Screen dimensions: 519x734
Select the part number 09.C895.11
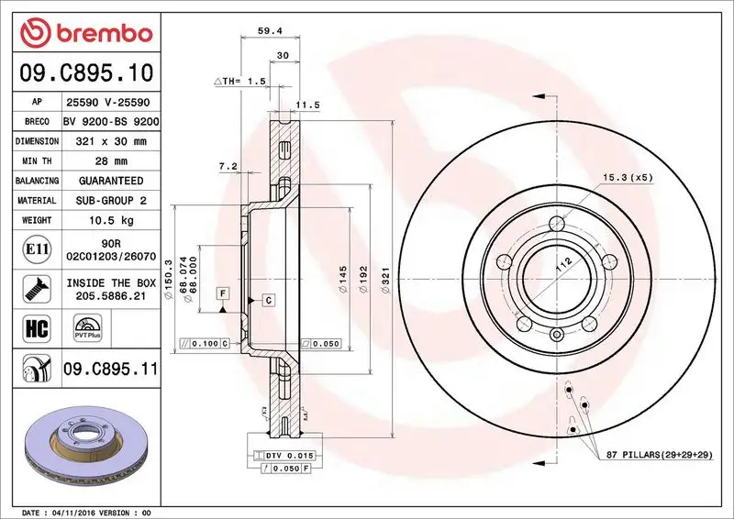click(111, 370)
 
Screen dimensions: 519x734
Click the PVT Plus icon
click(88, 328)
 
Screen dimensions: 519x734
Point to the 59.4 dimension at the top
click(269, 30)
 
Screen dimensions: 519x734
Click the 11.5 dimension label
click(309, 105)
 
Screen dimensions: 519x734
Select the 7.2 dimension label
click(228, 166)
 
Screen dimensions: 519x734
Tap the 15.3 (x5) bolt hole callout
click(627, 177)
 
